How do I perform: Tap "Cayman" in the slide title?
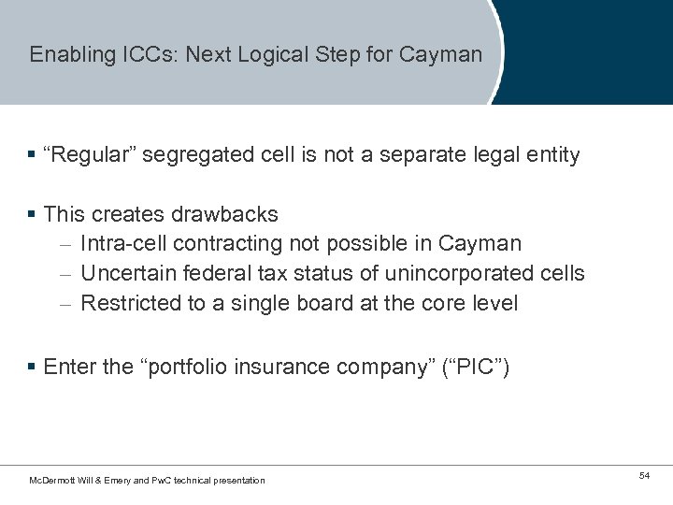pyautogui.click(x=440, y=54)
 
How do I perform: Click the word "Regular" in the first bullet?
pyautogui.click(x=93, y=154)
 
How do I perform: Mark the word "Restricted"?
pyautogui.click(x=127, y=304)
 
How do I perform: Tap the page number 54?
pyautogui.click(x=644, y=477)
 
